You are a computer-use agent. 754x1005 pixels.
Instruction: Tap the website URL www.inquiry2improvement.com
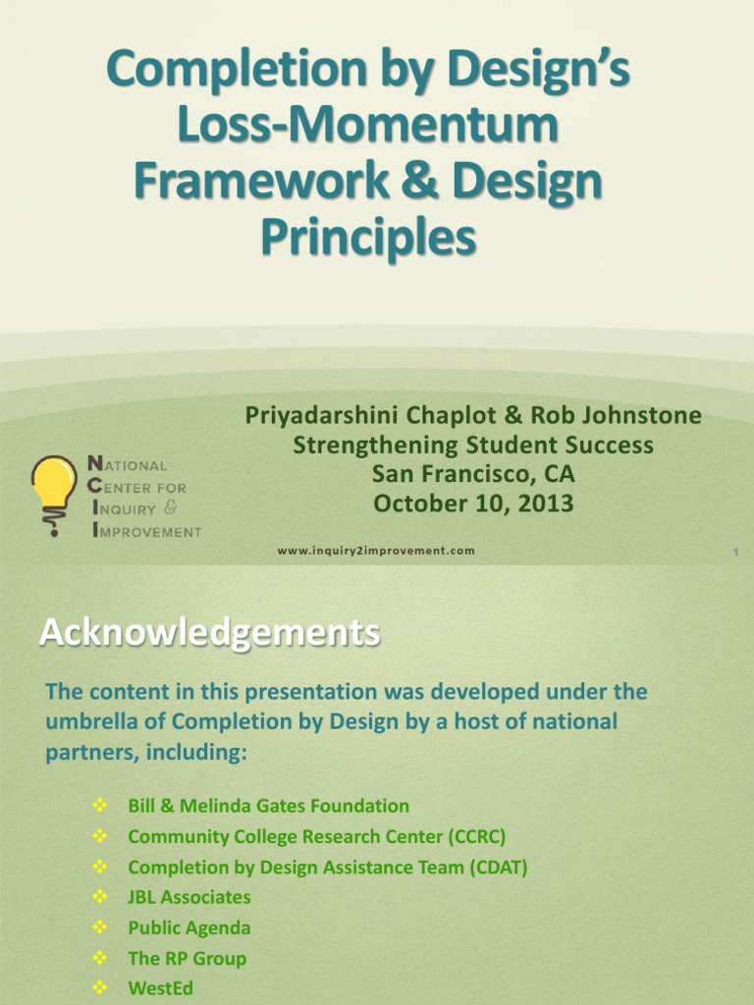click(x=376, y=551)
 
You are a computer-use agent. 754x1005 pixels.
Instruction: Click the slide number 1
click(x=734, y=555)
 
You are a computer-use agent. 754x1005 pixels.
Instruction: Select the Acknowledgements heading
click(x=208, y=633)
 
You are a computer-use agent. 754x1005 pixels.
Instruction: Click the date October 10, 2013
click(x=473, y=503)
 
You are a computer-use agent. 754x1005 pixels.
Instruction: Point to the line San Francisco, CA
click(x=473, y=474)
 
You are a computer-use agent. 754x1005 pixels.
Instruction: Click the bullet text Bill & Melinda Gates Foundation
click(x=268, y=806)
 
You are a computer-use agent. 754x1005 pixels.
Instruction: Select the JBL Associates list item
click(x=188, y=897)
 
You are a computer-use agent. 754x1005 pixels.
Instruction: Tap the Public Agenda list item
click(x=188, y=927)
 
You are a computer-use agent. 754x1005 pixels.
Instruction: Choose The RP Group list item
click(x=187, y=958)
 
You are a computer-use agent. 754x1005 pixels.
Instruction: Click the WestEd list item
click(x=160, y=988)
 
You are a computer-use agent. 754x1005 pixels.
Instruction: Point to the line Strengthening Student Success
click(x=473, y=445)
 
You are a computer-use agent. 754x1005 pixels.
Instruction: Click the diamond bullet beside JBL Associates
click(x=99, y=896)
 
